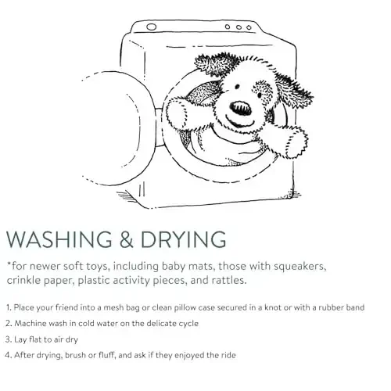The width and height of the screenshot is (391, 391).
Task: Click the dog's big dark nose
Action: pos(240,108)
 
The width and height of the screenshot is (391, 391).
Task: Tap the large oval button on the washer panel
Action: pos(151,27)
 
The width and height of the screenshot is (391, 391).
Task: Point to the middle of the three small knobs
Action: pos(239,27)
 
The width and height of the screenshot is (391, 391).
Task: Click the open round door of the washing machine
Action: pos(115,127)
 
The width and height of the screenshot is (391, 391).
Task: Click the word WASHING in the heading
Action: pos(59,239)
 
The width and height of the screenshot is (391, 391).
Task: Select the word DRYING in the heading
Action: pos(183,239)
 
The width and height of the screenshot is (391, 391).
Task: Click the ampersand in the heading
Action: pos(127,239)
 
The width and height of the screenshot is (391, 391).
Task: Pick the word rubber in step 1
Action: pos(331,307)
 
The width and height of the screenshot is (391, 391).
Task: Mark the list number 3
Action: pos(8,339)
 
